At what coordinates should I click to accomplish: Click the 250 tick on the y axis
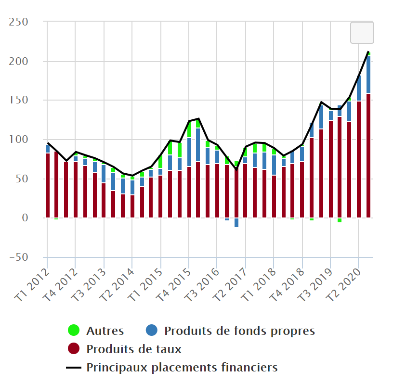tap(18, 22)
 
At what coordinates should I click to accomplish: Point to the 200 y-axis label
tap(18, 62)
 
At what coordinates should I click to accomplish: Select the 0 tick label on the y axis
tap(25, 218)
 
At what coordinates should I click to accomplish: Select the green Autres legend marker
tap(74, 331)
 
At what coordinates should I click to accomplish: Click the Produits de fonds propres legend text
tap(239, 331)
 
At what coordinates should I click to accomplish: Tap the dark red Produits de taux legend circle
tap(74, 349)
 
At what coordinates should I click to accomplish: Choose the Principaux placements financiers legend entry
tap(182, 368)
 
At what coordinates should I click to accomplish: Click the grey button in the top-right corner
tap(362, 32)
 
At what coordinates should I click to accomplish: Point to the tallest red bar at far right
tap(368, 154)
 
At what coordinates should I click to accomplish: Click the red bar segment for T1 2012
tap(48, 185)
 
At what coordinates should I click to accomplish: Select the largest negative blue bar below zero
tap(236, 222)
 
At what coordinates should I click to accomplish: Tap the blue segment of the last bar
tap(368, 75)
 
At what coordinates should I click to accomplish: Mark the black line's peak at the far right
tap(368, 51)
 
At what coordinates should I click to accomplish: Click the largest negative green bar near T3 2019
tap(340, 220)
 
